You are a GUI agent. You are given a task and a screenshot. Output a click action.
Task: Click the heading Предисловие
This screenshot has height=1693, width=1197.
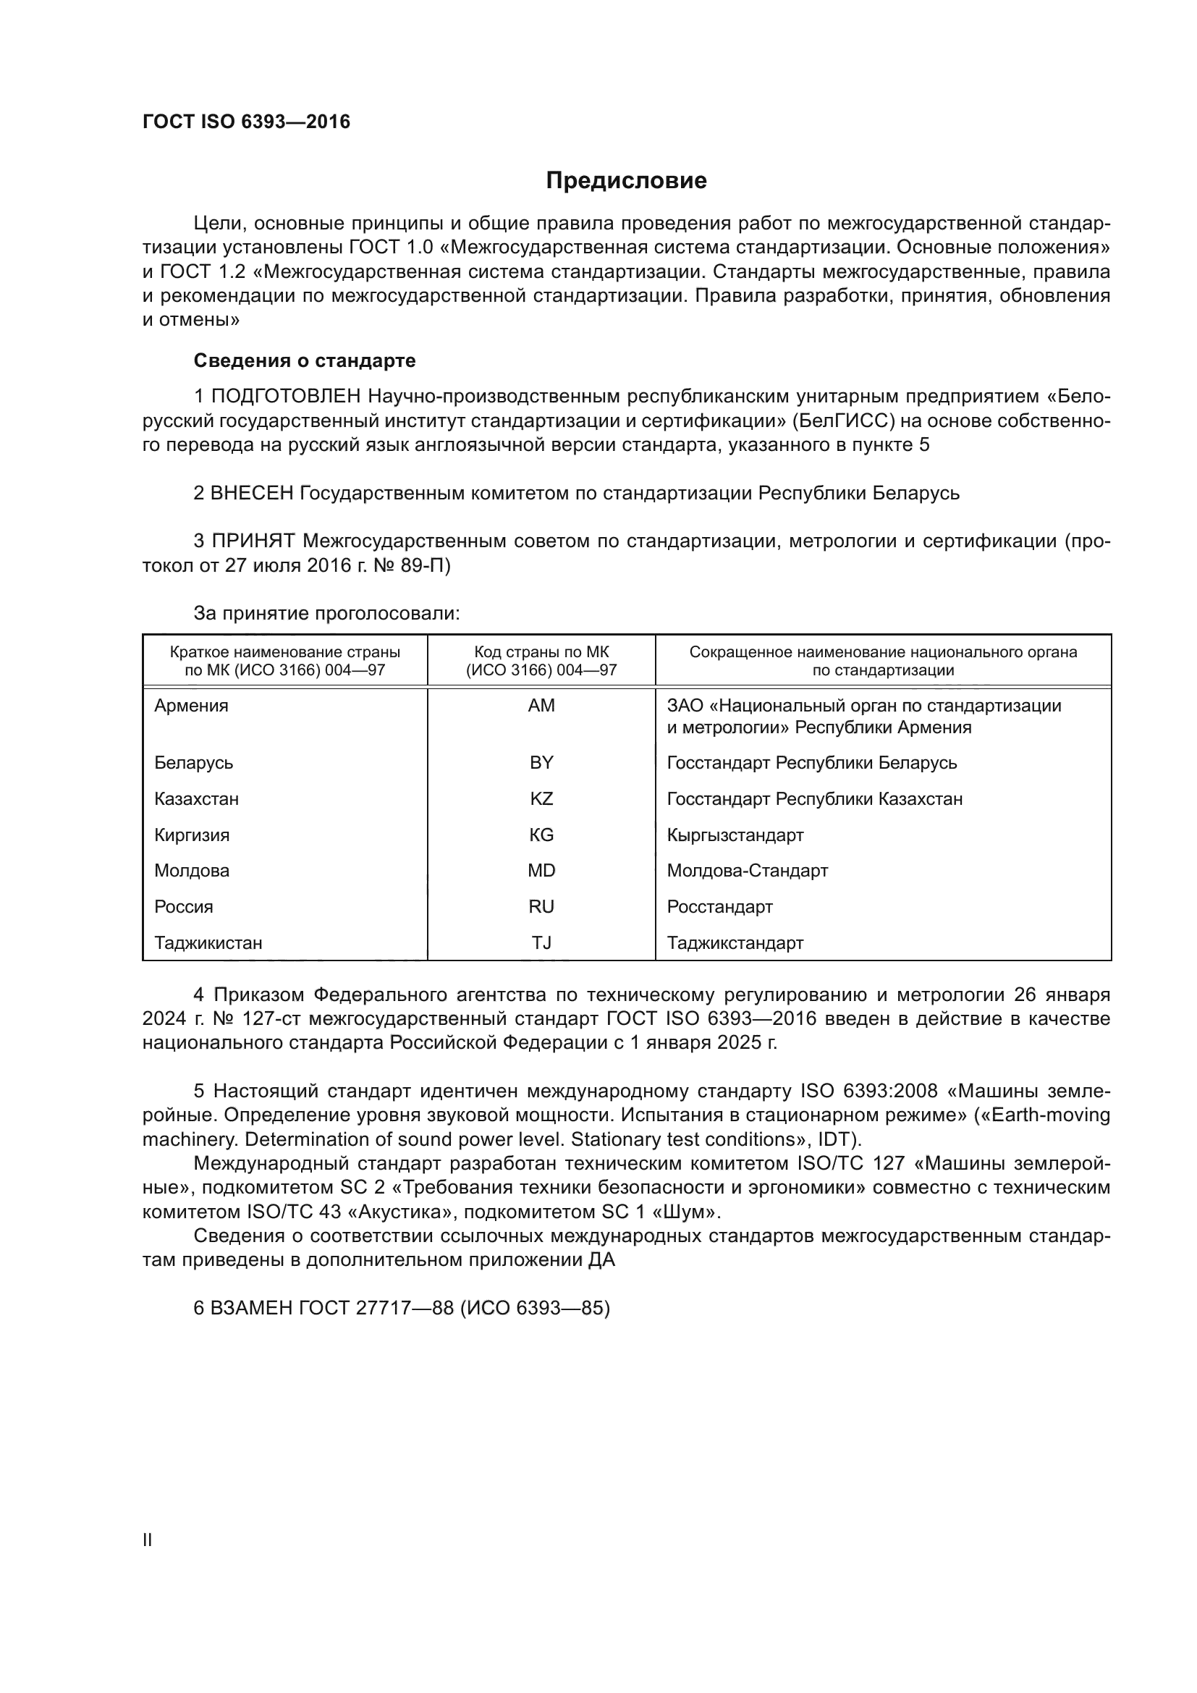coord(626,181)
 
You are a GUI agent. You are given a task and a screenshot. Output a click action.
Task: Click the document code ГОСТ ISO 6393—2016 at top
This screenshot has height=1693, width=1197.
coord(246,122)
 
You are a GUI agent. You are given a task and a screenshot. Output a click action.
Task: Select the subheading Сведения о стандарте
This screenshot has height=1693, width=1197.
coord(305,360)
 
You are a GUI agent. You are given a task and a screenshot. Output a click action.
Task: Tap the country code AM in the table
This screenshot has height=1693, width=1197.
coord(541,706)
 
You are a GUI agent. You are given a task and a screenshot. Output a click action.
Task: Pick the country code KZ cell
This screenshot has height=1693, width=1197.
coord(541,798)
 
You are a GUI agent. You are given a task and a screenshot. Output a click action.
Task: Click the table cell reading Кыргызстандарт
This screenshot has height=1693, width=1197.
coord(735,835)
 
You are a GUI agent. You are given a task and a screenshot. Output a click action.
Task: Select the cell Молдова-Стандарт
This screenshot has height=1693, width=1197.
coord(748,870)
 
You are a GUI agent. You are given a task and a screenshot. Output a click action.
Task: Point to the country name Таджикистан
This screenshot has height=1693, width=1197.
coord(208,942)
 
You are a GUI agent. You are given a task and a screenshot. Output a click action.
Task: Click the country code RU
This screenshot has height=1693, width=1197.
coord(541,906)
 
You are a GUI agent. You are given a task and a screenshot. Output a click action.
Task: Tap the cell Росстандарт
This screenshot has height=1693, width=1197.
coord(719,906)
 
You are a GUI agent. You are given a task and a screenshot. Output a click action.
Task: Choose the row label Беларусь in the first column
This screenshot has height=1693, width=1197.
coord(193,762)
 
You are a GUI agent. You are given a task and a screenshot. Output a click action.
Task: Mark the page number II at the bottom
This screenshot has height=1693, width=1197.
coord(147,1540)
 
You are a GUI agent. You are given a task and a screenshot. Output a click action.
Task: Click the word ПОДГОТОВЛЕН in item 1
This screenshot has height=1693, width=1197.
coord(286,397)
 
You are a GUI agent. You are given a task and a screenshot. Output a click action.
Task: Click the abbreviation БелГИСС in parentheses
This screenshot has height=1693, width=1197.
coord(845,421)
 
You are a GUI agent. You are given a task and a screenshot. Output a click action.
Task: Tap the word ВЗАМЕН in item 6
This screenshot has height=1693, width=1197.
coord(252,1307)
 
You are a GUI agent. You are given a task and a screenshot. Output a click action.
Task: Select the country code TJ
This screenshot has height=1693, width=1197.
coord(541,942)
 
